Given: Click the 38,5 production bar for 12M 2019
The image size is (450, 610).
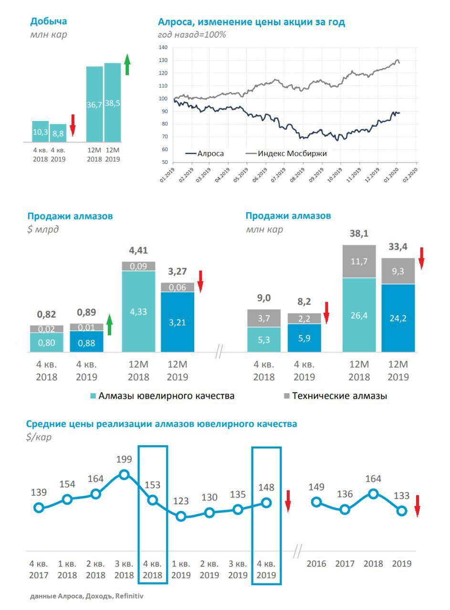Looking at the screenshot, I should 113,102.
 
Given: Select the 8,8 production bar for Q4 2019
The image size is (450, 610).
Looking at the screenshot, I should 58,133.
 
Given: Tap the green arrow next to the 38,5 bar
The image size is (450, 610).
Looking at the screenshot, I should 127,64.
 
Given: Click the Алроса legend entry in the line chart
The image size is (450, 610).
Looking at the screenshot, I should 205,154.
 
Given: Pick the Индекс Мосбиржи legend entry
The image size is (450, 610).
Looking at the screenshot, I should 286,154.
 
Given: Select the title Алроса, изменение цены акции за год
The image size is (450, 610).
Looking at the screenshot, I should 251,22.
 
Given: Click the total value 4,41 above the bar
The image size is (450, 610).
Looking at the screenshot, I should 138,251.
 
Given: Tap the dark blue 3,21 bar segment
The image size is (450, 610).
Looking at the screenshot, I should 178,322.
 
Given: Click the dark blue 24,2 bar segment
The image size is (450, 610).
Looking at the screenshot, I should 398,318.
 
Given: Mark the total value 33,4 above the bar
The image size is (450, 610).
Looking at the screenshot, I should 398,247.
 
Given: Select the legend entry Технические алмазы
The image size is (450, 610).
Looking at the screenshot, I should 334,396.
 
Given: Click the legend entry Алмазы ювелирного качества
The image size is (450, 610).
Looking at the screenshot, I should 162,396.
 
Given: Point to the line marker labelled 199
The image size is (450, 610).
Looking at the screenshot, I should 124,474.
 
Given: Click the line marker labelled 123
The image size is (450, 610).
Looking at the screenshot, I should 180,516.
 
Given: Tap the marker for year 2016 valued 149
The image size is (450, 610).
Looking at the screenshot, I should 316,502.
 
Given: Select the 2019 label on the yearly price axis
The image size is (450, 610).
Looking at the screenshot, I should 401,564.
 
